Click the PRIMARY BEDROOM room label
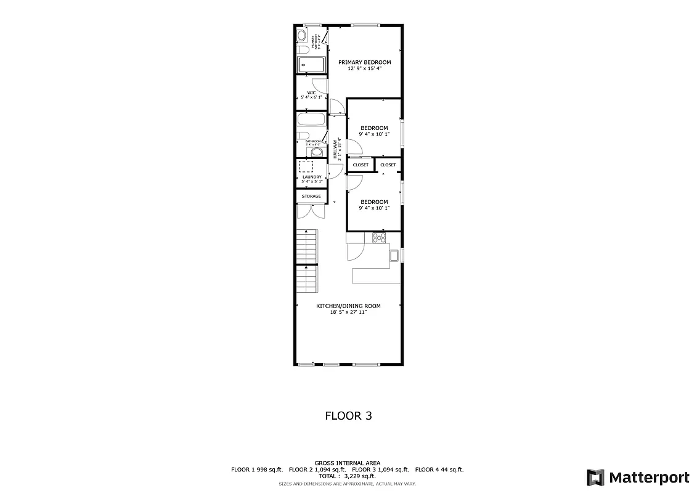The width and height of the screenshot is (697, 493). click(364, 62)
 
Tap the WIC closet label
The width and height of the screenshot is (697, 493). click(311, 93)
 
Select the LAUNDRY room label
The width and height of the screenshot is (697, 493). click(311, 177)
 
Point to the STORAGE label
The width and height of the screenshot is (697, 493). click(311, 197)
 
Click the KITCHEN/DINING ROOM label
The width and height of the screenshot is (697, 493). click(348, 306)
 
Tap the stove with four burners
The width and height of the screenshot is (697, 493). click(379, 237)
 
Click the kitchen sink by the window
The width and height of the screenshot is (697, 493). click(394, 255)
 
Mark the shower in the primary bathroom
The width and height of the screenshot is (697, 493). click(312, 64)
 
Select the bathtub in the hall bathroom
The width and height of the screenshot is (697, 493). click(312, 118)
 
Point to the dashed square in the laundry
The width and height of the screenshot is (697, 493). click(306, 166)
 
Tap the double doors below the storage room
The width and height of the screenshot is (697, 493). click(311, 211)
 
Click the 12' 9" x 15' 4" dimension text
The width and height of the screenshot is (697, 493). click(364, 68)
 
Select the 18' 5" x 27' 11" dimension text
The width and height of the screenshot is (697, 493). click(348, 312)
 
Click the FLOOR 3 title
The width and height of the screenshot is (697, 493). click(348, 416)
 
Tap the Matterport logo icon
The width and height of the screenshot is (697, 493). click(595, 477)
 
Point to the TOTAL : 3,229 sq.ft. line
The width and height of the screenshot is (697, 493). click(347, 476)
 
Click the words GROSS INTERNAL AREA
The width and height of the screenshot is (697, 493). click(347, 463)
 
